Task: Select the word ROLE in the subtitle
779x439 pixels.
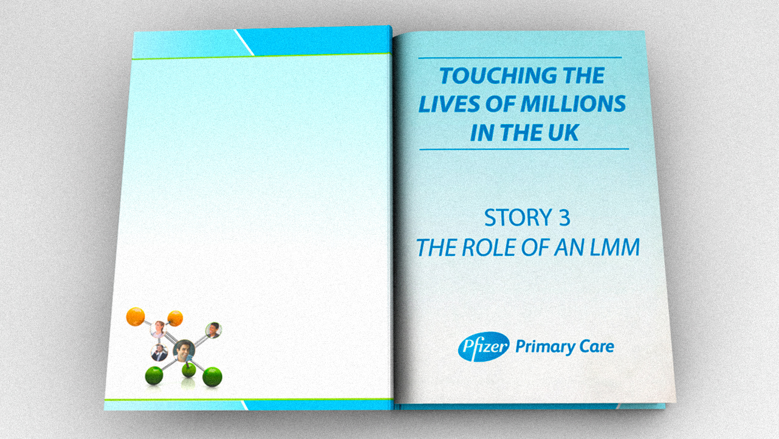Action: click(x=487, y=247)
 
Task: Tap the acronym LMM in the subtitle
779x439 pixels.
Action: click(x=615, y=247)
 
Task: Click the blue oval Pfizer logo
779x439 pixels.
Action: click(x=484, y=347)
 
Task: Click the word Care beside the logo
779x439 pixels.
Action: click(x=597, y=347)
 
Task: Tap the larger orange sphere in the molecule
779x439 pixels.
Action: click(x=136, y=317)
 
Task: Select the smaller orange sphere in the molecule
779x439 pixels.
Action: click(x=175, y=318)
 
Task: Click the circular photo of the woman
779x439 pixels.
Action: click(x=158, y=329)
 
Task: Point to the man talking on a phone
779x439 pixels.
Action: click(x=159, y=353)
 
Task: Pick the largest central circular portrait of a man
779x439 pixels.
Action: click(x=184, y=351)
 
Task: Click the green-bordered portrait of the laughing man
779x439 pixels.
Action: click(x=213, y=330)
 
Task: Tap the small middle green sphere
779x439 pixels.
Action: click(x=189, y=370)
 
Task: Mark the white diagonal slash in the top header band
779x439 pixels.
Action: click(x=244, y=43)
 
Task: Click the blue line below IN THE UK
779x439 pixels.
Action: click(x=524, y=149)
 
